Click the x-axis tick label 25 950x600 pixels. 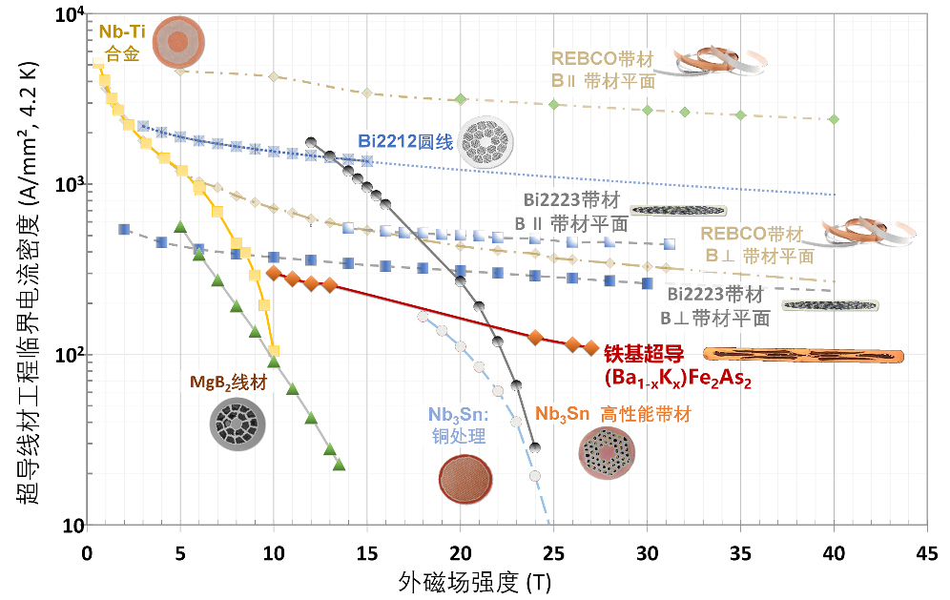(553, 553)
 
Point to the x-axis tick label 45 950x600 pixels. (926, 553)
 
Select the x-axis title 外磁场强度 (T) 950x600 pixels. (474, 583)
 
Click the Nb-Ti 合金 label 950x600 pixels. (122, 42)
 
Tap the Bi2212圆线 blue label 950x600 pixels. (405, 142)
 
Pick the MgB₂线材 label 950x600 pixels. (228, 383)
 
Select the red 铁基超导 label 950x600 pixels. (644, 354)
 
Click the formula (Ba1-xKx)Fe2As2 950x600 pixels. (677, 379)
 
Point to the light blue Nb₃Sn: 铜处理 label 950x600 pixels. (459, 424)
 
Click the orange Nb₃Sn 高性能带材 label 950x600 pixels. (613, 415)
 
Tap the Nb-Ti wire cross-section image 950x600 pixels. (178, 42)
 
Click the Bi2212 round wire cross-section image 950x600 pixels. (485, 143)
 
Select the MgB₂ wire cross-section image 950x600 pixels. (237, 424)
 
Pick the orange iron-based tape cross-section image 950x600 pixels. (803, 356)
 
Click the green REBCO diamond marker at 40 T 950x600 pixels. (834, 119)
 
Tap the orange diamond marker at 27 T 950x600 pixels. (590, 348)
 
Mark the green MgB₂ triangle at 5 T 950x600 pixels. (180, 227)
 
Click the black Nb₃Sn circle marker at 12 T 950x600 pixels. (311, 142)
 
